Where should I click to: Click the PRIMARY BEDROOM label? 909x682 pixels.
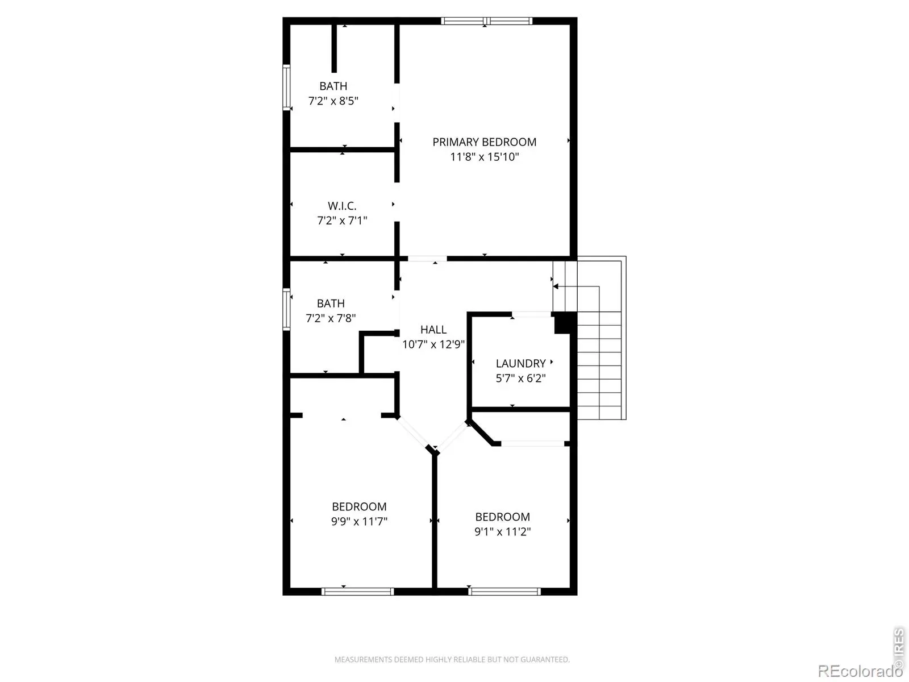click(x=484, y=142)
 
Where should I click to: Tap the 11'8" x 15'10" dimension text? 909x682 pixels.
click(x=484, y=157)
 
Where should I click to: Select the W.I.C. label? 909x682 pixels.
click(x=341, y=206)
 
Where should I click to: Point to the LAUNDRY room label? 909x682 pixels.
click(x=520, y=364)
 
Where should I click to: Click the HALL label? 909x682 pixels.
click(x=433, y=330)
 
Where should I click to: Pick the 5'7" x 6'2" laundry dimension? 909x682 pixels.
click(x=520, y=378)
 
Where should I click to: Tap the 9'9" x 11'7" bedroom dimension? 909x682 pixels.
click(x=358, y=521)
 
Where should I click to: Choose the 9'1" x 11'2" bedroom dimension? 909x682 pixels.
click(x=502, y=532)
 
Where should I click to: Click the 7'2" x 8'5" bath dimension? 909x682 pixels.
click(x=333, y=101)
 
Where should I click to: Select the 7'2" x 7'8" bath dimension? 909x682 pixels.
click(x=331, y=318)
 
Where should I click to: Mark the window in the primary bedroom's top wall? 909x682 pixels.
click(x=486, y=21)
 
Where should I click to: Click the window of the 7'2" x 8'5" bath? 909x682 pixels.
click(x=286, y=88)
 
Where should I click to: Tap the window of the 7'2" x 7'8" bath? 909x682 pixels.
click(x=286, y=309)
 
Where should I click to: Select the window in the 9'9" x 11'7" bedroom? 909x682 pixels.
click(x=358, y=592)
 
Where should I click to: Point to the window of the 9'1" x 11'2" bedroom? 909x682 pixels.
click(x=504, y=592)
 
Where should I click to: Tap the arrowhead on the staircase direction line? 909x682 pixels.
click(x=556, y=286)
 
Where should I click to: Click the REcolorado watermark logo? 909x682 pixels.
click(x=860, y=671)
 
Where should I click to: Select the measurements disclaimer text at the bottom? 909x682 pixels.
click(x=452, y=660)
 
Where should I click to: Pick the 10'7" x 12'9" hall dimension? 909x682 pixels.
click(x=433, y=344)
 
